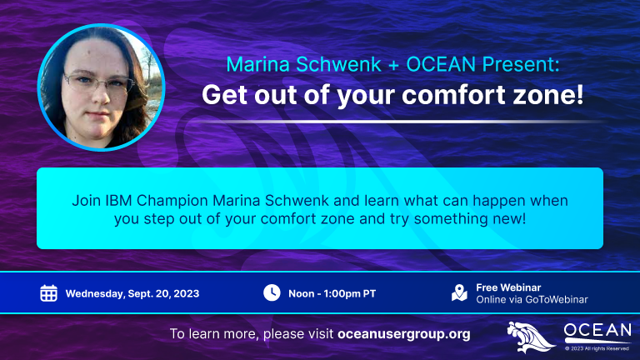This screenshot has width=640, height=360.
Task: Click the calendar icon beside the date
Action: click(x=48, y=293)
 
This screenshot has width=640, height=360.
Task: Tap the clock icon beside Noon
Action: click(x=272, y=292)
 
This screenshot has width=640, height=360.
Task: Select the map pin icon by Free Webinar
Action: click(x=459, y=292)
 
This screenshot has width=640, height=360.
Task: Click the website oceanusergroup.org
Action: click(x=403, y=334)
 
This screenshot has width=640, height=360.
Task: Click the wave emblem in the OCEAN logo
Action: click(x=530, y=337)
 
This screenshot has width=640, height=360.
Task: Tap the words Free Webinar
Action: click(x=508, y=287)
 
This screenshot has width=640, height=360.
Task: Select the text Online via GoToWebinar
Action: click(x=532, y=300)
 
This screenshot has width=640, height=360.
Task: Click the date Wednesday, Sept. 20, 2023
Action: click(x=132, y=294)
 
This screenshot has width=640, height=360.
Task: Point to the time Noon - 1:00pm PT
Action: click(x=332, y=294)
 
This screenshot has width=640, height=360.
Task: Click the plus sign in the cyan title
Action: click(x=393, y=65)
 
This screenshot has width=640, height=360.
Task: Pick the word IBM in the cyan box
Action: click(x=118, y=200)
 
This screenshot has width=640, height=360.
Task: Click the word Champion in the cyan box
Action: click(x=172, y=201)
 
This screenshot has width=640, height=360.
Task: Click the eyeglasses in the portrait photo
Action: click(x=99, y=82)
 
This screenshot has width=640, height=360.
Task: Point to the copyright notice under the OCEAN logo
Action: click(x=597, y=348)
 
